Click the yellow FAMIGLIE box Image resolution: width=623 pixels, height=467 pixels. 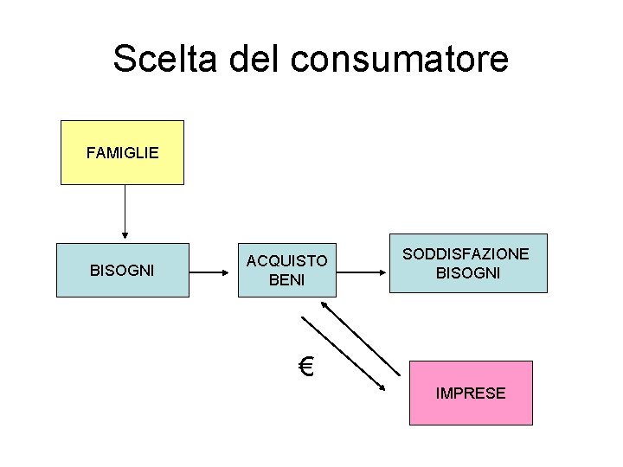click(122, 153)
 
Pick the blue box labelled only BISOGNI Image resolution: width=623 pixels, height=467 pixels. click(122, 271)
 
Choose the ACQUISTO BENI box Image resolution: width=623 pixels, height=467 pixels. click(286, 271)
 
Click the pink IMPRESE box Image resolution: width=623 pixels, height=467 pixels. click(471, 393)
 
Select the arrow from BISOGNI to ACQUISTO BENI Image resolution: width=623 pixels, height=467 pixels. click(213, 272)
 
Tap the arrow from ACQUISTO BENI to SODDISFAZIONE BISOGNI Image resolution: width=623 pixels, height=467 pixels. click(362, 272)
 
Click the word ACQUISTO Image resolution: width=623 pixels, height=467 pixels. click(286, 261)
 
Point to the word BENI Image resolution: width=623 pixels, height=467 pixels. click(286, 280)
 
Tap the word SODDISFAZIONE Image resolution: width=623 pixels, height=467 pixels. click(466, 253)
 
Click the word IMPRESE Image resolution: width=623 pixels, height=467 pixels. click(471, 393)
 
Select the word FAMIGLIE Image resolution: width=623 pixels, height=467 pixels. click(122, 153)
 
